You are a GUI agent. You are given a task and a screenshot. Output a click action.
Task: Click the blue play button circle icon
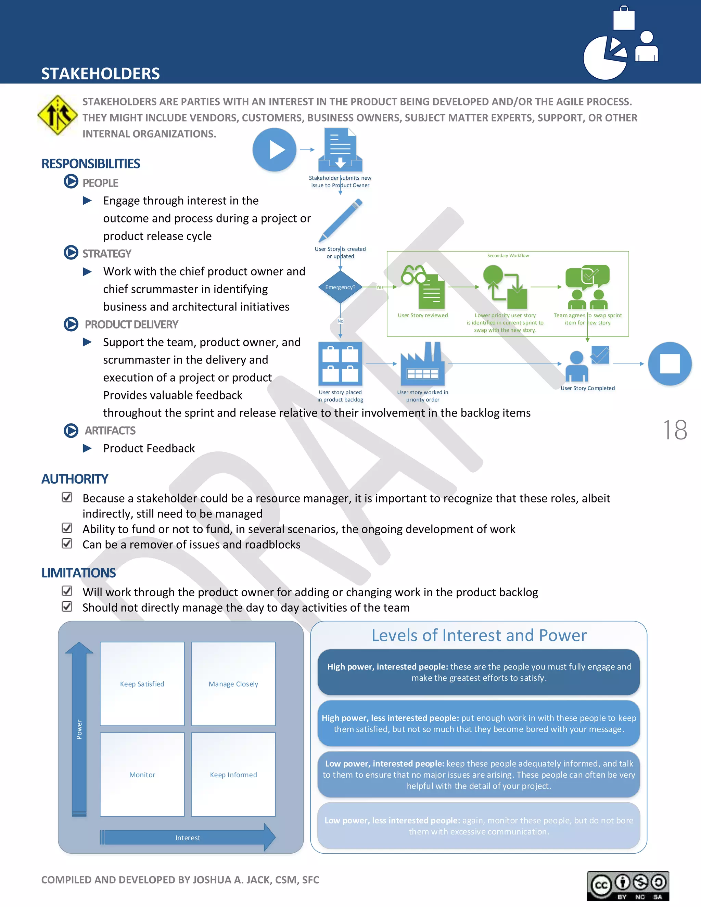[274, 150]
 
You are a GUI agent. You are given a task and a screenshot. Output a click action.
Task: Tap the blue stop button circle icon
[670, 363]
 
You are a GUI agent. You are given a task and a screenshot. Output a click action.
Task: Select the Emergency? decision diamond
[340, 287]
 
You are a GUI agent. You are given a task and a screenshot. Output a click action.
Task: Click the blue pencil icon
[341, 220]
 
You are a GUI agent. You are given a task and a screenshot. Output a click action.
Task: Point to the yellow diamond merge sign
[57, 115]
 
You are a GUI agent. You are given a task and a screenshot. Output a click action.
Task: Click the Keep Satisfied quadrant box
[142, 684]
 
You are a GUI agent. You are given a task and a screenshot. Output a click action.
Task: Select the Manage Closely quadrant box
[233, 684]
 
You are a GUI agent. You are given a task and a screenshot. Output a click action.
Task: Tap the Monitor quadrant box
[142, 775]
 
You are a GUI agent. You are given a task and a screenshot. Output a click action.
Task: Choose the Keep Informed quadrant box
[233, 775]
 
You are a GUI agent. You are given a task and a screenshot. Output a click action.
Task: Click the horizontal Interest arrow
[187, 838]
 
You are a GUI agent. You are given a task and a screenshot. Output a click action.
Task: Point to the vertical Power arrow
[79, 729]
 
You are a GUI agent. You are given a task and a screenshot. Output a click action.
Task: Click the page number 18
[675, 430]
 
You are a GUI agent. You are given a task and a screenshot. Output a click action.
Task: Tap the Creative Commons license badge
[627, 886]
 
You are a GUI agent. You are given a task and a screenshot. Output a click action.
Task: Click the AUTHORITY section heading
[75, 479]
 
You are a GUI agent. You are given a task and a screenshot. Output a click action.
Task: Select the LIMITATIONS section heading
[78, 573]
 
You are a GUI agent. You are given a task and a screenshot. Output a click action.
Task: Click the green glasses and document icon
[423, 286]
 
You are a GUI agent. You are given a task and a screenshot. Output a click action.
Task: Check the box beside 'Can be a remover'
[67, 543]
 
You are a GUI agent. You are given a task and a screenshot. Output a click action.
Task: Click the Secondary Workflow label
[508, 255]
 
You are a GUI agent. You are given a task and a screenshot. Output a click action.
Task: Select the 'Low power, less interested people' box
[479, 826]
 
